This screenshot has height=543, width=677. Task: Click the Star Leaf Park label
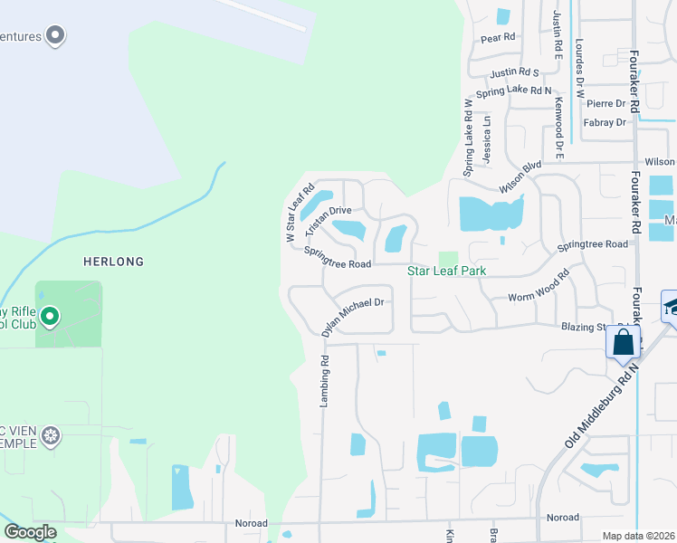446,271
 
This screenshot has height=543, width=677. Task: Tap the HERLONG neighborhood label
114,262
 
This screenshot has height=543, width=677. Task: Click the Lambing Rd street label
324,380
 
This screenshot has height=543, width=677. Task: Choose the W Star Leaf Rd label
300,213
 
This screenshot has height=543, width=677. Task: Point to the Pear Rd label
498,38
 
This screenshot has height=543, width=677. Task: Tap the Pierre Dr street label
605,103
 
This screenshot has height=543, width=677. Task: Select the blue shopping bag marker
624,342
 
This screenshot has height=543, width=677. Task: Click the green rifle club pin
51,317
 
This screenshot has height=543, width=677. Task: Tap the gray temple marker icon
52,435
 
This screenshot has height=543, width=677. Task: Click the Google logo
30,531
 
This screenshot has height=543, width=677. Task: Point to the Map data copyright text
639,536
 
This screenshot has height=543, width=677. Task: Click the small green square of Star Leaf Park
448,260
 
